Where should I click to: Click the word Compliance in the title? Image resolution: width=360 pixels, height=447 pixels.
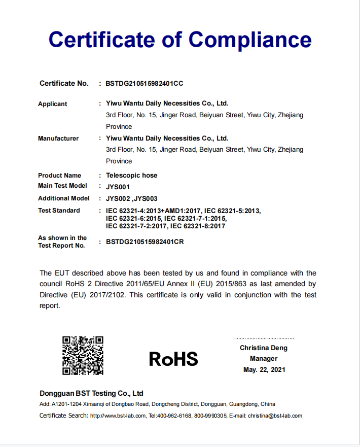tap(250, 39)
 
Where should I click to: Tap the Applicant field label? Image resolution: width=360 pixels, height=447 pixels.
tap(53, 104)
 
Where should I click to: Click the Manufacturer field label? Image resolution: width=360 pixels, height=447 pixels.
tap(58, 139)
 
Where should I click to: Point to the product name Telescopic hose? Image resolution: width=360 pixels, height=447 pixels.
tap(132, 176)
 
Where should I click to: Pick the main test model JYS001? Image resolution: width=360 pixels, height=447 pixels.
tap(118, 187)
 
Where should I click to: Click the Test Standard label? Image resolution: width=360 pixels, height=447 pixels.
tap(59, 211)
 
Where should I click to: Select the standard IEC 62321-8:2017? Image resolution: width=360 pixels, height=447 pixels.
tap(198, 226)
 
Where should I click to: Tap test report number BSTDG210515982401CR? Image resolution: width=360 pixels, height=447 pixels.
tap(145, 242)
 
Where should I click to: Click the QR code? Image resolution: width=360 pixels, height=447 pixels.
tap(83, 355)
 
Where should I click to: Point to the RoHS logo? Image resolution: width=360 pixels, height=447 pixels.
tap(173, 359)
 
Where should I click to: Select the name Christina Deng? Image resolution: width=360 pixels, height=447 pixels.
tap(264, 348)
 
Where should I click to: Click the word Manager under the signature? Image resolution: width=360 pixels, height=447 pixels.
tap(264, 359)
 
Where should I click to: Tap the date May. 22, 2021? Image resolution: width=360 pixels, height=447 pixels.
tap(264, 370)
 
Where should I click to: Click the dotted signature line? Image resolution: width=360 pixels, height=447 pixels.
tap(264, 338)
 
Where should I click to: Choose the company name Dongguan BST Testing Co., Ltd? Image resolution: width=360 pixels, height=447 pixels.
tap(91, 393)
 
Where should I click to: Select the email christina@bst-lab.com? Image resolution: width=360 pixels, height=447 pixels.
tap(275, 416)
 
